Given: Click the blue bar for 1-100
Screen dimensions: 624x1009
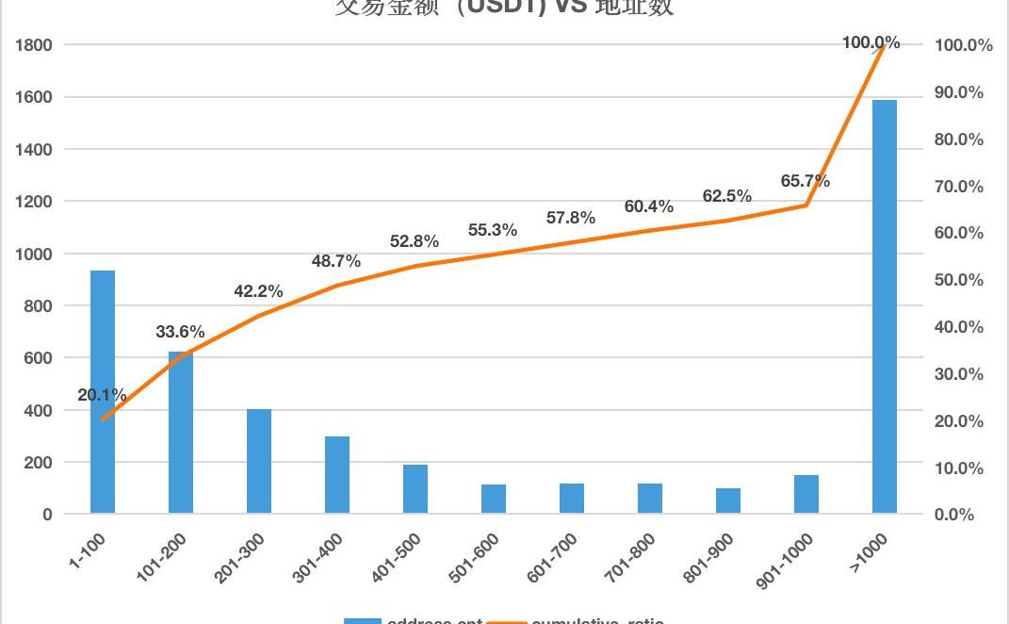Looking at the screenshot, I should click(x=103, y=392).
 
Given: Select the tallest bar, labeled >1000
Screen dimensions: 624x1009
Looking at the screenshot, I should click(x=885, y=306).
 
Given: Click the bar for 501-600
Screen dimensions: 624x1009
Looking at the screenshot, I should click(x=494, y=500).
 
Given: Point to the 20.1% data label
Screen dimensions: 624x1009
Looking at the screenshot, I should click(x=102, y=395).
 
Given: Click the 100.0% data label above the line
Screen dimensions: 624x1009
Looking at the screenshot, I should click(x=871, y=42).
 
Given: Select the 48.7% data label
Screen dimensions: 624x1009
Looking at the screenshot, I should click(x=336, y=261).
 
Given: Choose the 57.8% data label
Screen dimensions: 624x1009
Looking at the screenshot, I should click(x=571, y=218).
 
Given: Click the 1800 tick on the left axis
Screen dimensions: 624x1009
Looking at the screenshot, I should click(x=33, y=44).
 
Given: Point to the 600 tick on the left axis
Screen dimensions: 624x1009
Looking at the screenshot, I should click(x=37, y=358).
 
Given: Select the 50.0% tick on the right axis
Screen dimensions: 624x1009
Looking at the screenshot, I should click(x=958, y=280).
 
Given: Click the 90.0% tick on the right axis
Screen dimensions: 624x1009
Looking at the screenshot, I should click(x=958, y=92).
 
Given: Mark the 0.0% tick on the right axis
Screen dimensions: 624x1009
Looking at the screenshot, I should click(x=954, y=515).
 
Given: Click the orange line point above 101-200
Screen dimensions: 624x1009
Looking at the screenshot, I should click(x=181, y=355).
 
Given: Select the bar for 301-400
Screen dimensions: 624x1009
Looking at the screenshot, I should click(x=337, y=475).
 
